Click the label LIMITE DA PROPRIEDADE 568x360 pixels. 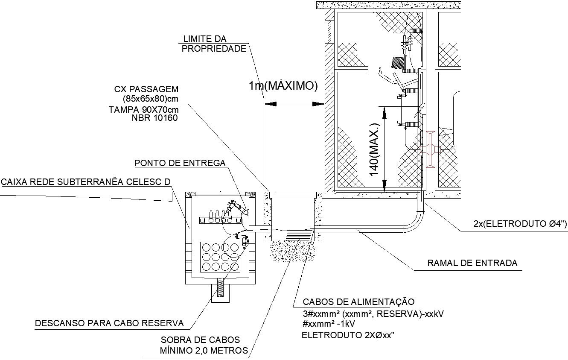(x=214, y=44)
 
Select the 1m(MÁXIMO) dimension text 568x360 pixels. (x=283, y=86)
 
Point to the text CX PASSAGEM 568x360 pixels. (x=146, y=89)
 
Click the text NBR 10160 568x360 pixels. (x=155, y=118)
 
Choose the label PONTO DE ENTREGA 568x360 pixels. (x=180, y=163)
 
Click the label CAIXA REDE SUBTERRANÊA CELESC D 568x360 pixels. (x=85, y=182)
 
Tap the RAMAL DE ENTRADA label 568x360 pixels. (x=472, y=263)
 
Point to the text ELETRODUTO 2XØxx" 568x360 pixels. (x=347, y=335)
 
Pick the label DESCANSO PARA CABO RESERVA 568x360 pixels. (x=109, y=323)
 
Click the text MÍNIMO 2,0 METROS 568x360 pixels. (x=204, y=351)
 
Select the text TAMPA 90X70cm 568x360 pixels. (x=143, y=109)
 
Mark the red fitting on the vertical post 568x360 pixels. (x=430, y=149)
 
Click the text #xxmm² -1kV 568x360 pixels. (x=329, y=324)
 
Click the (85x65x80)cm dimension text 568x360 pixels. (x=150, y=99)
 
